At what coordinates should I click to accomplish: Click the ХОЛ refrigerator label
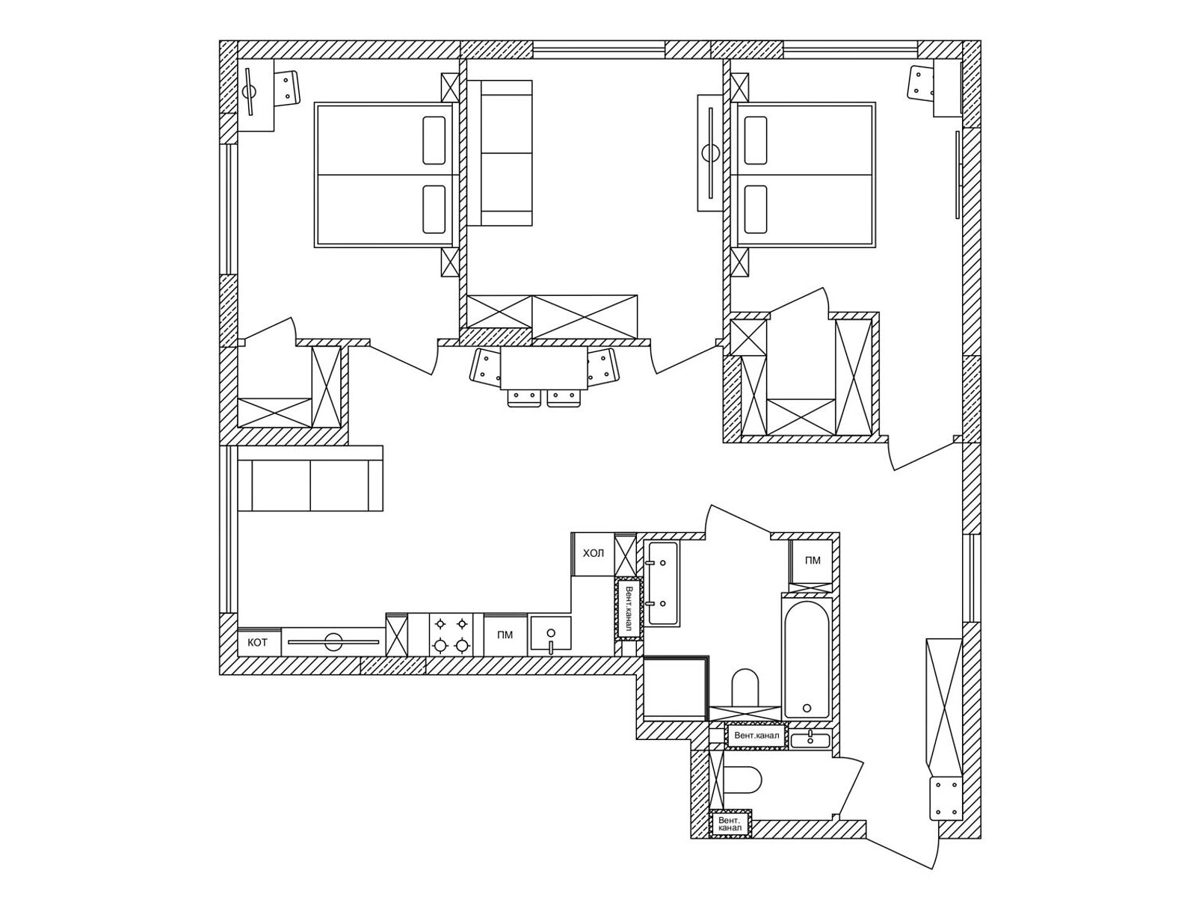pyautogui.click(x=593, y=553)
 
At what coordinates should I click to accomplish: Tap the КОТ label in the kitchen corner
pyautogui.click(x=257, y=642)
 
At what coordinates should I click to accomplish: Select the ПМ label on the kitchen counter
pyautogui.click(x=505, y=635)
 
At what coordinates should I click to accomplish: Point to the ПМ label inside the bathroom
pyautogui.click(x=812, y=560)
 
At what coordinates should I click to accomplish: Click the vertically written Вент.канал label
pyautogui.click(x=629, y=608)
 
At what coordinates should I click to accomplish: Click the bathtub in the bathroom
pyautogui.click(x=807, y=659)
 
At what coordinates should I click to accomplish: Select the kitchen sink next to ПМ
pyautogui.click(x=550, y=635)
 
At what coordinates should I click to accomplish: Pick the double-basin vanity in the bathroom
pyautogui.click(x=662, y=583)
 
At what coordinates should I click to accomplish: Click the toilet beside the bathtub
pyautogui.click(x=745, y=688)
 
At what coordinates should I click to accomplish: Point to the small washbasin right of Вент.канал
pyautogui.click(x=810, y=739)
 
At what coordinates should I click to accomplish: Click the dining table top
pyautogui.click(x=543, y=368)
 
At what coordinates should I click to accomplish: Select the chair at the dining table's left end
pyautogui.click(x=485, y=366)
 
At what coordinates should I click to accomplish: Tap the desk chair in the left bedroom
pyautogui.click(x=287, y=87)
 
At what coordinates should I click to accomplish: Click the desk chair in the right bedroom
pyautogui.click(x=921, y=82)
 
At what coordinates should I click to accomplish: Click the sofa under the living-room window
pyautogui.click(x=310, y=478)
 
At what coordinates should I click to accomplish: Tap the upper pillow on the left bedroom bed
pyautogui.click(x=434, y=140)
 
